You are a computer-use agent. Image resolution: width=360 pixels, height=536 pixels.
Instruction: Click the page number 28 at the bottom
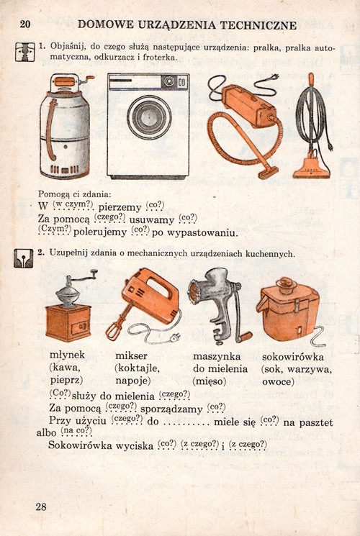(41, 507)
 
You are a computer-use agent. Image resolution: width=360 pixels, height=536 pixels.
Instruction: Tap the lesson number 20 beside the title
(25, 24)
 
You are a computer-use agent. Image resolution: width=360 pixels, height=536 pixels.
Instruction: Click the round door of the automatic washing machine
(149, 117)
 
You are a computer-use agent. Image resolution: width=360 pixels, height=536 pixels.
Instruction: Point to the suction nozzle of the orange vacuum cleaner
(269, 173)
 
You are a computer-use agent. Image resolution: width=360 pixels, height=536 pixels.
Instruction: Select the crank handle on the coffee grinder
(82, 277)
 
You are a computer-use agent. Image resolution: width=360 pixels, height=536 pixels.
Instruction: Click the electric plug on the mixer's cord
(174, 337)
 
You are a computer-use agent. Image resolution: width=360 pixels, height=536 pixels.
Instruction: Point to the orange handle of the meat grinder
(245, 337)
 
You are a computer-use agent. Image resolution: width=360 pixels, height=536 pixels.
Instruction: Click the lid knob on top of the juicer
(286, 283)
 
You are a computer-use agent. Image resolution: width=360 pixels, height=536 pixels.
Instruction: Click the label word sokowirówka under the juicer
(293, 357)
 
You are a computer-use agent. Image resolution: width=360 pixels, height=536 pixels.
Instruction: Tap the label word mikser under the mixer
(132, 355)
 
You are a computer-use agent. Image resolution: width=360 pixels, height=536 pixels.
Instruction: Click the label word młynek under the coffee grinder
(68, 355)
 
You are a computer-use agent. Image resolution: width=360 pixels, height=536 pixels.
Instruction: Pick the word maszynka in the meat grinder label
(217, 357)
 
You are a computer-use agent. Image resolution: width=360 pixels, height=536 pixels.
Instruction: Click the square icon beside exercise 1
(25, 52)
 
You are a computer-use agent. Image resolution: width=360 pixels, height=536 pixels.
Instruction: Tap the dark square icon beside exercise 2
(24, 258)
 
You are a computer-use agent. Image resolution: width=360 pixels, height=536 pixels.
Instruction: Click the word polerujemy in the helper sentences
(100, 233)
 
